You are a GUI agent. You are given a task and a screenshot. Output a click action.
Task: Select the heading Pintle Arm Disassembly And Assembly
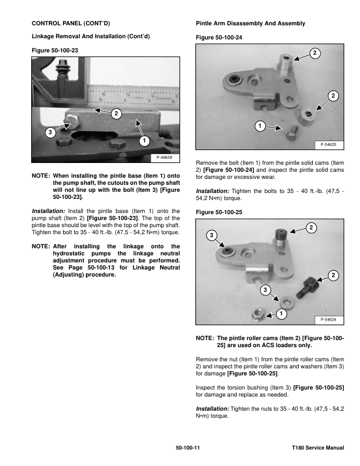pos(250,23)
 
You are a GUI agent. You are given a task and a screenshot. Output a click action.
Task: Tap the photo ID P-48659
pos(165,158)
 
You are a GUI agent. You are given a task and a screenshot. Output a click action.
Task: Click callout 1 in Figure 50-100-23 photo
pos(144,141)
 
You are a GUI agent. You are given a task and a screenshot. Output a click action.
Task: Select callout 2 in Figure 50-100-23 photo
pos(116,113)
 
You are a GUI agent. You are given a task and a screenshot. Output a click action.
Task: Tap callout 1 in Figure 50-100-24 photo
pos(259,126)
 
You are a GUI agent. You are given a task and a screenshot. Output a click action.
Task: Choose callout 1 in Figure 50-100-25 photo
pos(281,313)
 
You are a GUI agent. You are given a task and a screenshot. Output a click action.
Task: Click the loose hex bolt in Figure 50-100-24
pos(293,135)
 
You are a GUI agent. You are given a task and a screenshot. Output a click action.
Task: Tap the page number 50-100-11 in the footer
pos(188,448)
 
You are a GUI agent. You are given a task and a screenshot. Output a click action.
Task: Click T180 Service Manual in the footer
pos(318,448)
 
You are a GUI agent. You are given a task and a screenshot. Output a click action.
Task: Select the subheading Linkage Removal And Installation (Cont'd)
pos(91,36)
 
